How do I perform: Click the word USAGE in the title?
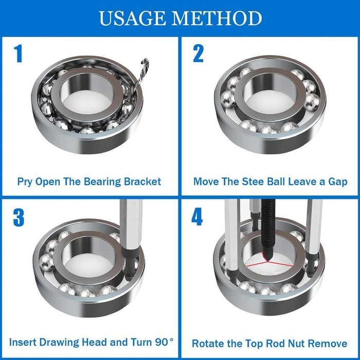132,19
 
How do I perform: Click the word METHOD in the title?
217,19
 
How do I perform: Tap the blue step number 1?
19,53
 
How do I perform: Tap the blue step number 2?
198,53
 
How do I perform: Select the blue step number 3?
19,218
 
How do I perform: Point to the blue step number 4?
197,218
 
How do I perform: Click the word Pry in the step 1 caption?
26,182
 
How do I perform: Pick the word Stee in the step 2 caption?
259,182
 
